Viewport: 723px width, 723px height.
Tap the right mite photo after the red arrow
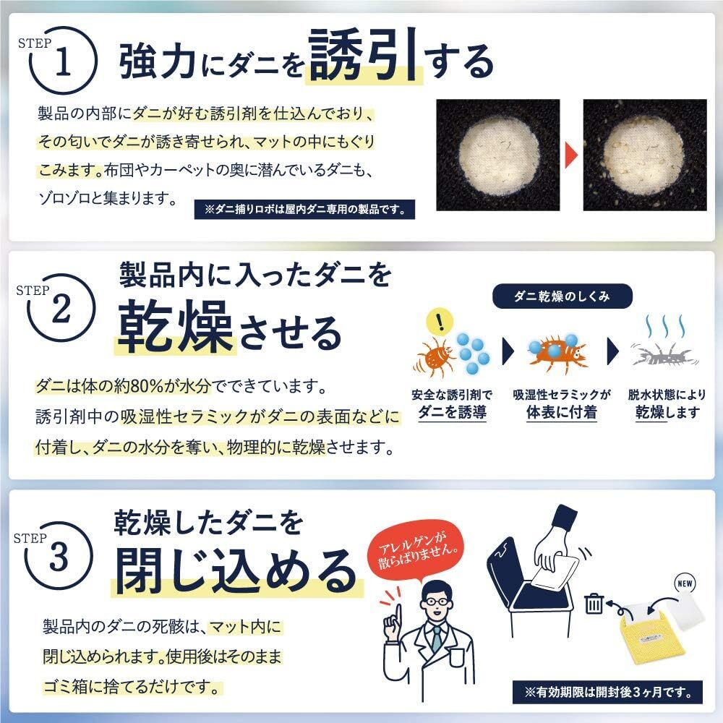644,155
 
